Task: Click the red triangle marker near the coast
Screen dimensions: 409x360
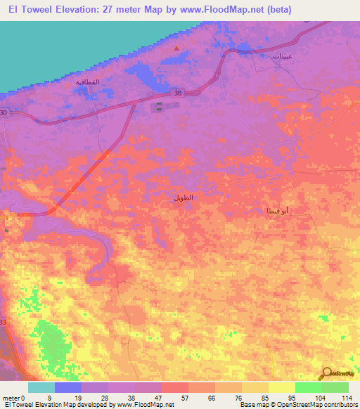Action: point(176,48)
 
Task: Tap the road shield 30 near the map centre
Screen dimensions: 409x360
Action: point(178,93)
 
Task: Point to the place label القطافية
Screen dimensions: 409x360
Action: point(89,83)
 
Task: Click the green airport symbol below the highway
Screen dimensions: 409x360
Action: point(159,106)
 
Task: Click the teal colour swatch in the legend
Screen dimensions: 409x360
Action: point(41,387)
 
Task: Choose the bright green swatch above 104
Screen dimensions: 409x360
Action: point(308,387)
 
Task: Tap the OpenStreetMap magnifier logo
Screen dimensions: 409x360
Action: point(327,374)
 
